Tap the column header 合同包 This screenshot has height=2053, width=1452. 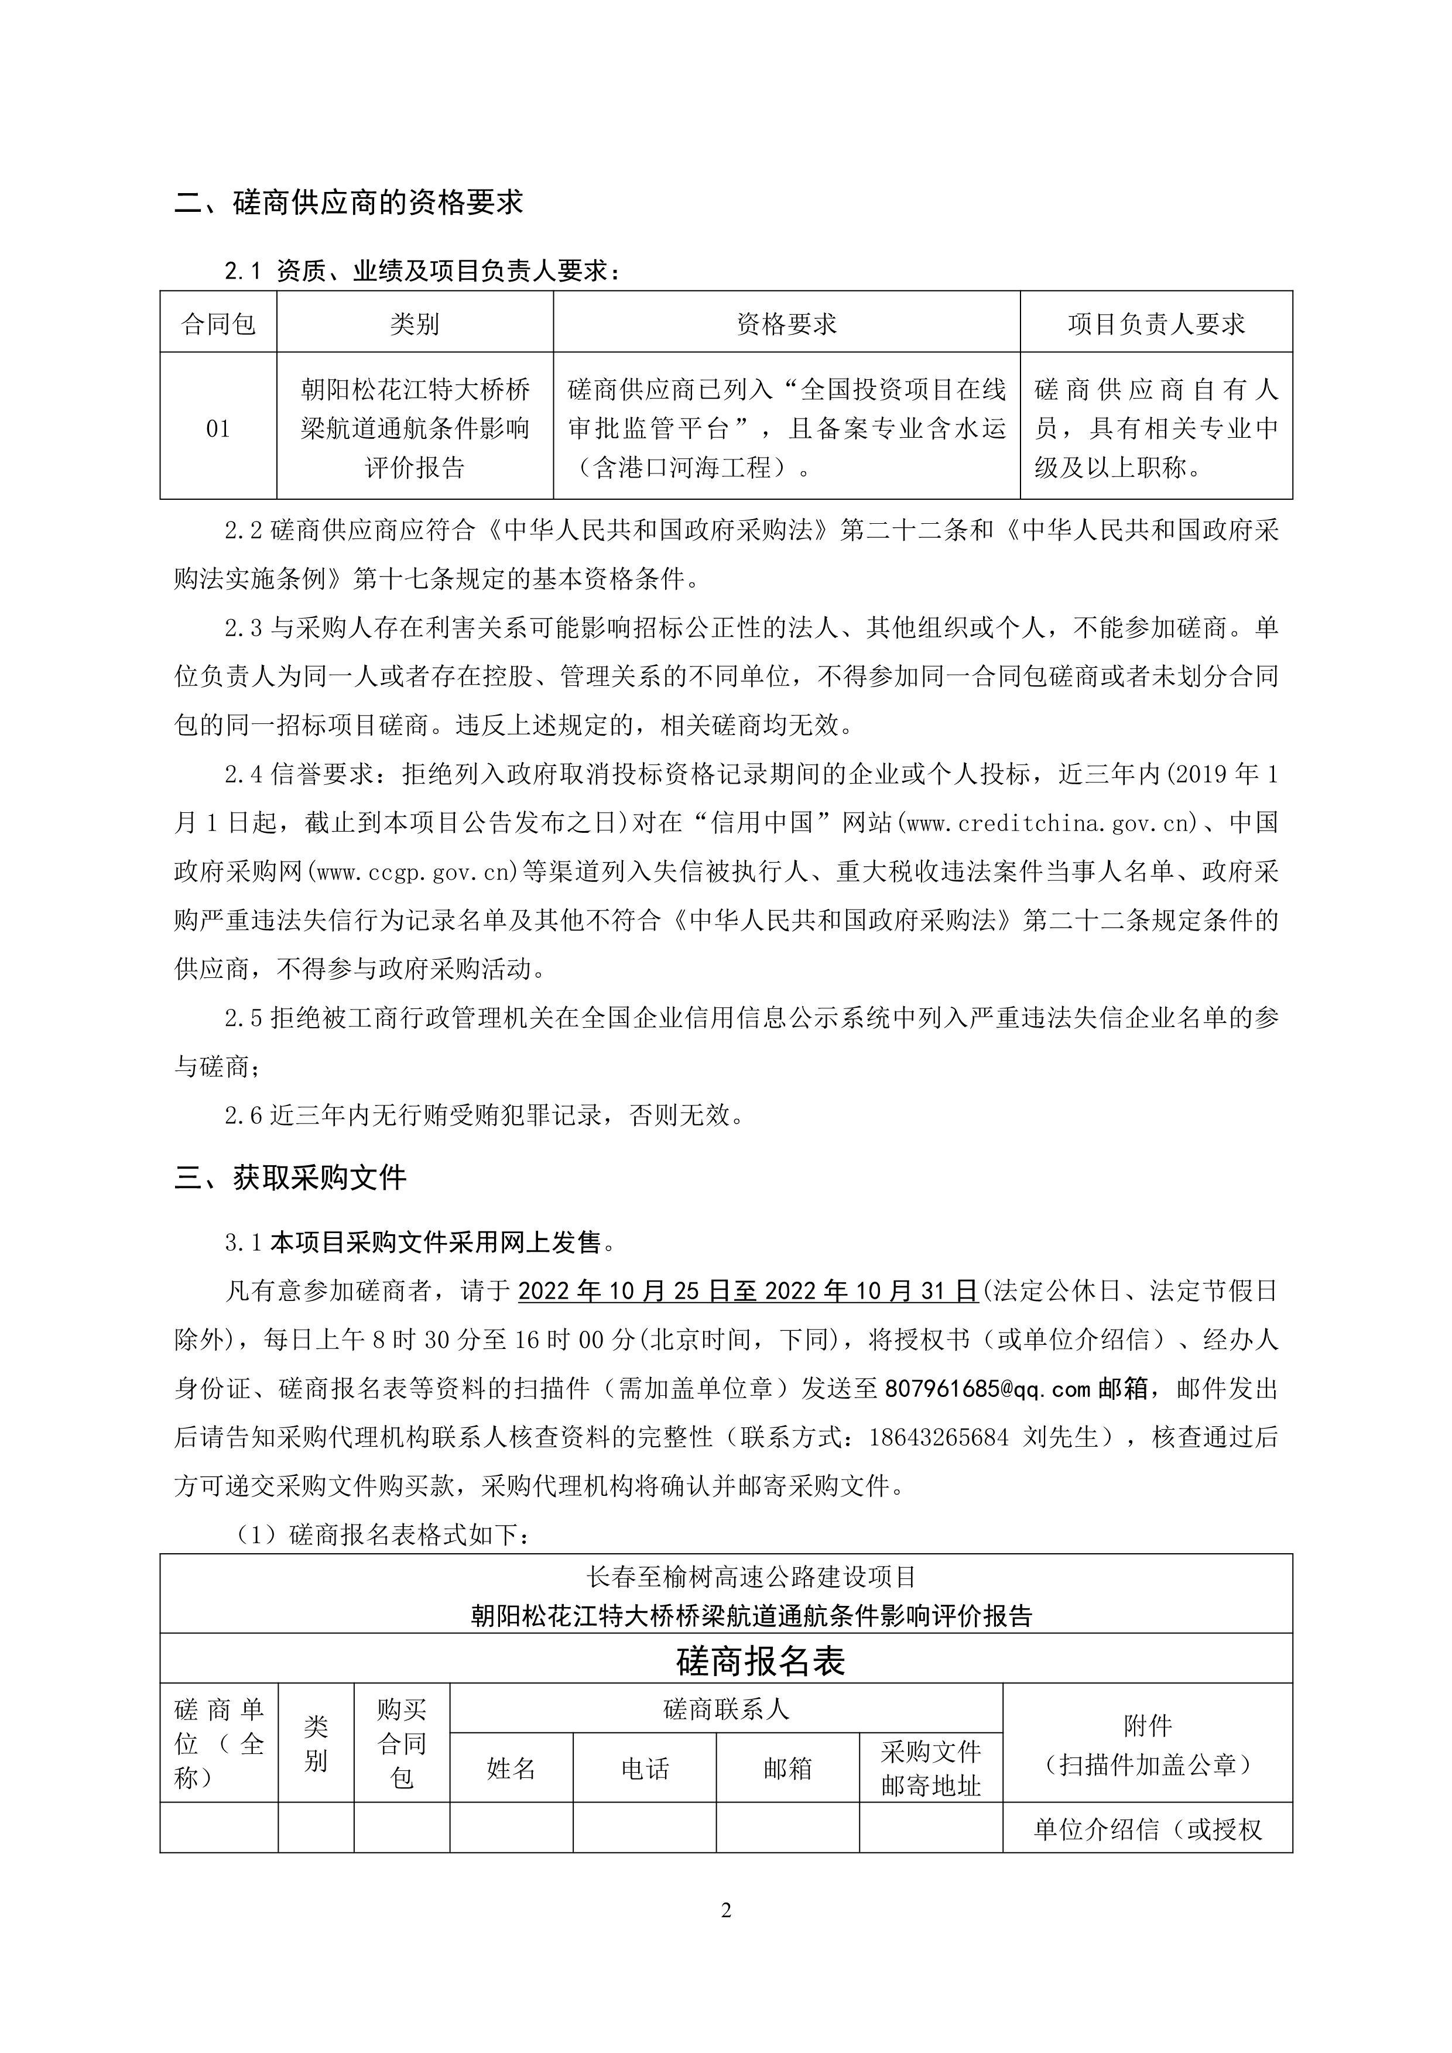click(218, 324)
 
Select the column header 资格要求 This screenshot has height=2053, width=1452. click(786, 324)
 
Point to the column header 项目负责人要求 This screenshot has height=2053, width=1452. click(1156, 324)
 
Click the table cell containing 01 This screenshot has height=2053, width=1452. click(218, 428)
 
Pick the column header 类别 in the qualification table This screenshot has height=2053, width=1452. click(414, 324)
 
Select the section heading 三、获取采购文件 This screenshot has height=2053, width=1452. click(291, 1177)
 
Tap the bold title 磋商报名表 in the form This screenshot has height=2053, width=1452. click(761, 1661)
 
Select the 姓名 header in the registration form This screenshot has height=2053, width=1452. click(511, 1768)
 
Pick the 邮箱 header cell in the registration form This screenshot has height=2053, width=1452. click(787, 1768)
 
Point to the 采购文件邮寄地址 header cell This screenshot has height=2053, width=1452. click(930, 1768)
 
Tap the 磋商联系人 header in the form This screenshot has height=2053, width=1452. click(725, 1709)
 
